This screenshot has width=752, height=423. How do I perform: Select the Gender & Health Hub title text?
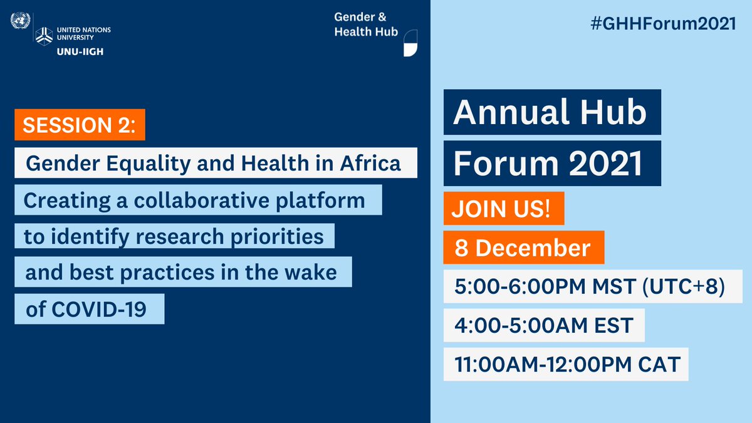click(x=366, y=24)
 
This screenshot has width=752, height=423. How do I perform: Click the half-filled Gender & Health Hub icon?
click(x=410, y=43)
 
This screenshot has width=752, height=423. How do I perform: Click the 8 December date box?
click(x=523, y=248)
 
